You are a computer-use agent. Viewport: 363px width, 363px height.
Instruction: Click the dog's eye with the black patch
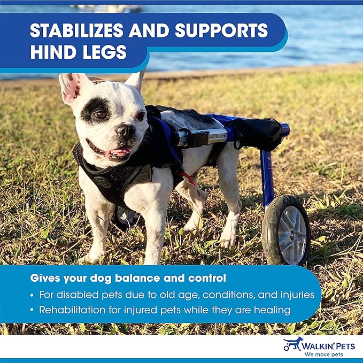pos(100,114)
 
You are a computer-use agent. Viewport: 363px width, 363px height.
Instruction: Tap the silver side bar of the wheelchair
pos(206,137)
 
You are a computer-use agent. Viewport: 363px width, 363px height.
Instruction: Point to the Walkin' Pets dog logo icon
pos(293,343)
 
